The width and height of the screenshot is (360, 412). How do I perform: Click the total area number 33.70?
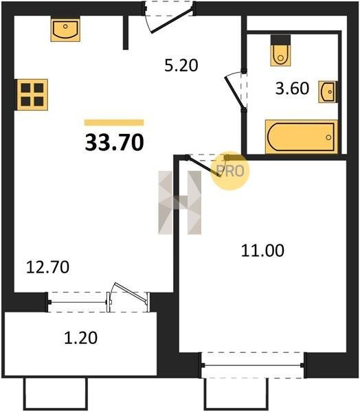pyautogui.click(x=115, y=142)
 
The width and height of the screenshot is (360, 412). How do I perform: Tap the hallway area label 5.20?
pyautogui.click(x=181, y=65)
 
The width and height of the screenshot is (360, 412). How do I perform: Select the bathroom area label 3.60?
pyautogui.click(x=292, y=89)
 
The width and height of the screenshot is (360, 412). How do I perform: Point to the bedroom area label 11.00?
pyautogui.click(x=262, y=251)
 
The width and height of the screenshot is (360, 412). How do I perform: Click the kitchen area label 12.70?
pyautogui.click(x=47, y=267)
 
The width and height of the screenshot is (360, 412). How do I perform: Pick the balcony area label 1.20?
pyautogui.click(x=81, y=338)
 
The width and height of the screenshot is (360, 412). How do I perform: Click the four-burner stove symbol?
pyautogui.click(x=32, y=95)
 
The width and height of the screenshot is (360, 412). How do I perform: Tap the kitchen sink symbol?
pyautogui.click(x=65, y=29)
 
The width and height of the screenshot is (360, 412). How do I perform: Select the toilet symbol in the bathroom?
pyautogui.click(x=280, y=51)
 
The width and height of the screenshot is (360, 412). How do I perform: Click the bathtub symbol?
pyautogui.click(x=302, y=137)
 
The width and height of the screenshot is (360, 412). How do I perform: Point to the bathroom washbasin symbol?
pyautogui.click(x=328, y=92)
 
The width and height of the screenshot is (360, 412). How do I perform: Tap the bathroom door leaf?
pyautogui.click(x=234, y=91)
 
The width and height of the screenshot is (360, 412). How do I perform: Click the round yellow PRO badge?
pyautogui.click(x=230, y=171)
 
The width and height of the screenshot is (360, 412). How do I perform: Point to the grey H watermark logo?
pyautogui.click(x=180, y=203)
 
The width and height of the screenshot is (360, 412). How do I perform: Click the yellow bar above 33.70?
pyautogui.click(x=114, y=123)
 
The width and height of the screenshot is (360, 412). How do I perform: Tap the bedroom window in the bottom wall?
pyautogui.click(x=253, y=365)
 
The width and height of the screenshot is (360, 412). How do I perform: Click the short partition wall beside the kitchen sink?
pyautogui.click(x=126, y=32)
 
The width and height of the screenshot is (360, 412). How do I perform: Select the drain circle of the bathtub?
pyautogui.click(x=328, y=137)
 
